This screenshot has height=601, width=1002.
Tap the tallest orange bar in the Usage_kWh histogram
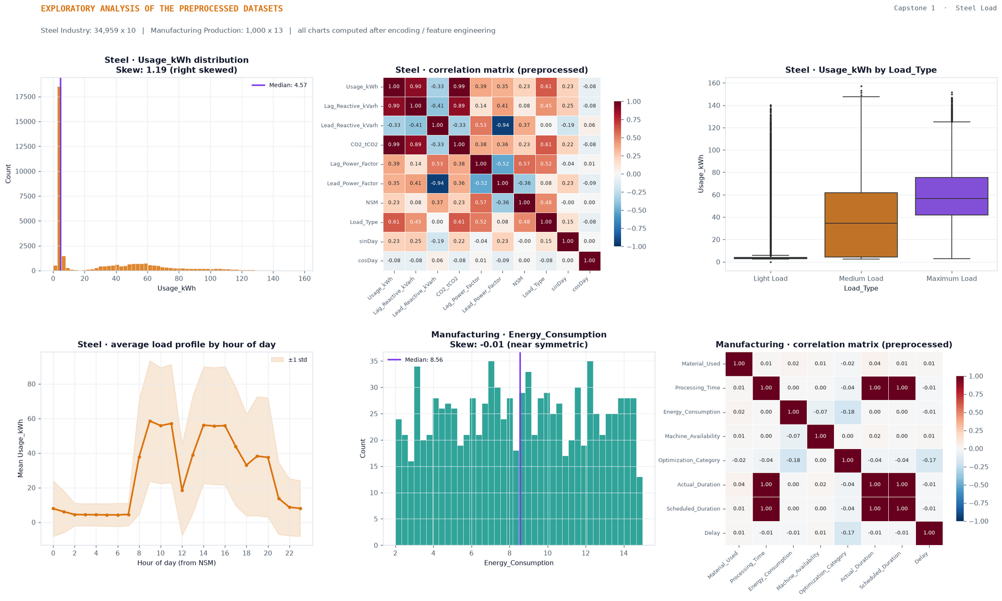pos(59,179)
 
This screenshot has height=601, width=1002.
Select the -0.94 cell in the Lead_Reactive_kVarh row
pos(502,125)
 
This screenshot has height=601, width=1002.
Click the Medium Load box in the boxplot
pos(861,225)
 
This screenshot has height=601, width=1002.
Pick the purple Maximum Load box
pos(951,196)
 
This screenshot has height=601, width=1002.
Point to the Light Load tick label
pos(770,279)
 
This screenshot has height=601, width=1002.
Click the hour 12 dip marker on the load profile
pos(182,490)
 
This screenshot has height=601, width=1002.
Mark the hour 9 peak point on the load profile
pos(150,421)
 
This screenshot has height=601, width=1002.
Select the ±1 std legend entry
pos(289,360)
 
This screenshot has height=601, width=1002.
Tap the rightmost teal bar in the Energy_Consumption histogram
pos(639,511)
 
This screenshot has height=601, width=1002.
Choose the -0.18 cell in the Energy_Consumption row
pos(848,412)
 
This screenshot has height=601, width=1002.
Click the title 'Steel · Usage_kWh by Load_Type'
pos(861,70)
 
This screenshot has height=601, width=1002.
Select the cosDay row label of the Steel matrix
pos(368,261)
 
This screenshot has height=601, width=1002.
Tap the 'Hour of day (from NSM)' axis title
pos(176,563)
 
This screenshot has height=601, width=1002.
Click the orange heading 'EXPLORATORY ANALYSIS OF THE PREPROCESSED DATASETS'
pos(162,9)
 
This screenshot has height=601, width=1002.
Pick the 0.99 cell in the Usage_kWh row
pos(459,87)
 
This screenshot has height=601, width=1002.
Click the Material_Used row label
pos(701,364)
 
